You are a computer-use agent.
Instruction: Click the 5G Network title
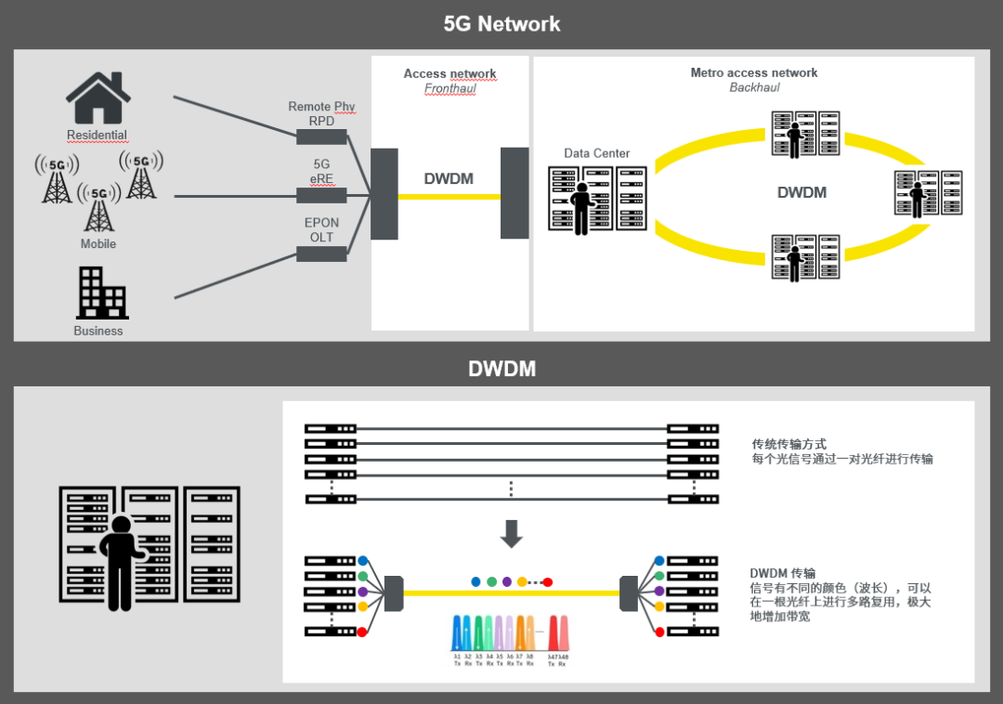click(x=501, y=24)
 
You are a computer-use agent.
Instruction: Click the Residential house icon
click(x=98, y=98)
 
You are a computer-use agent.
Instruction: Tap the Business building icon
click(x=102, y=293)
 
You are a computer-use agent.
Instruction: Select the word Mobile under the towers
click(x=98, y=243)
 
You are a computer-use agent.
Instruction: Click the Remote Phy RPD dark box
click(x=321, y=137)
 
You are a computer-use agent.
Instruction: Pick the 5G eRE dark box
click(x=321, y=195)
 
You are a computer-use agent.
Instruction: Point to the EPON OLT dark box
click(x=321, y=254)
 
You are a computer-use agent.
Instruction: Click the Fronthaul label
click(x=449, y=88)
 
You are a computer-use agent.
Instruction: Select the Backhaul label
click(x=754, y=87)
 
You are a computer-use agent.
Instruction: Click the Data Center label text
click(x=596, y=153)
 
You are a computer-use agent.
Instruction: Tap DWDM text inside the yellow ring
click(x=801, y=193)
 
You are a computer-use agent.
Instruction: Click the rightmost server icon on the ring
click(x=928, y=194)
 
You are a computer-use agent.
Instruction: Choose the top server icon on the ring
click(x=805, y=134)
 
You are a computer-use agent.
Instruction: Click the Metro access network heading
click(x=754, y=72)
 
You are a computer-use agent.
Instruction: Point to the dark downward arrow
click(x=512, y=533)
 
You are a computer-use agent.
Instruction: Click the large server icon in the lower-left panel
click(x=149, y=548)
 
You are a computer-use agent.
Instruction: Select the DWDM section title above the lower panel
click(x=501, y=369)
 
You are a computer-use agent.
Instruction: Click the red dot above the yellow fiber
click(x=548, y=581)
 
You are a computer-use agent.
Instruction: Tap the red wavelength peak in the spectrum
click(x=558, y=633)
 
